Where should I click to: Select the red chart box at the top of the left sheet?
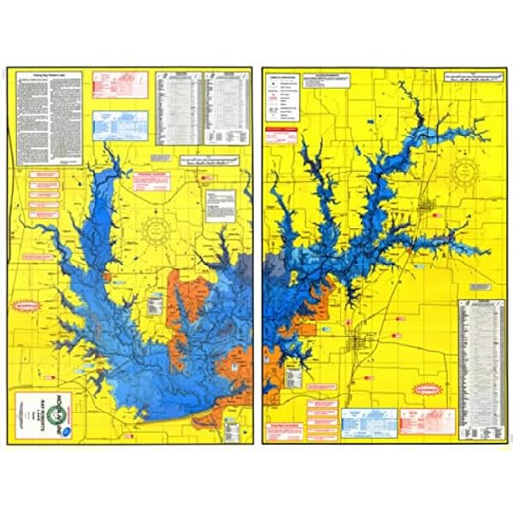pos(120,85)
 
